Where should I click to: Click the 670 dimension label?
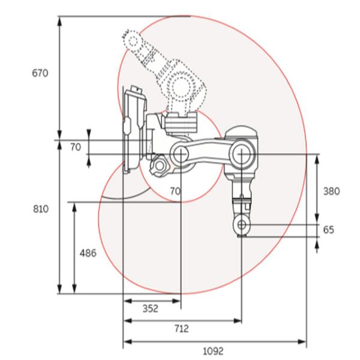click(40, 73)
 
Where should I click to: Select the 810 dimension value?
click(41, 209)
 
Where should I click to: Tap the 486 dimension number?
click(88, 253)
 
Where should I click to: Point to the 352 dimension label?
click(151, 308)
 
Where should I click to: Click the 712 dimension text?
click(182, 329)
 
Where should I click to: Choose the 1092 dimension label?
click(213, 351)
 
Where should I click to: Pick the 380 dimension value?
click(332, 191)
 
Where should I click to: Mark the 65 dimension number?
click(329, 230)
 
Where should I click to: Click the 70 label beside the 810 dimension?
click(76, 147)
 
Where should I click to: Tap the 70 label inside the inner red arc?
click(175, 191)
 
